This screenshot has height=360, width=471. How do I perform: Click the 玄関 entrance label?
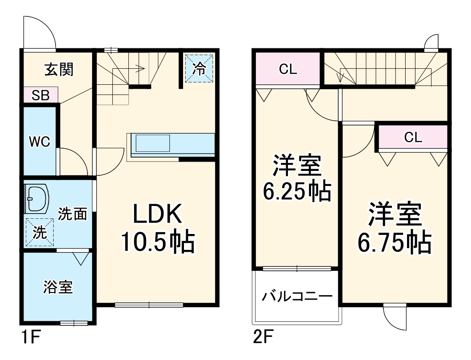(59, 70)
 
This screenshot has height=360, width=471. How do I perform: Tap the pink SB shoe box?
(40, 95)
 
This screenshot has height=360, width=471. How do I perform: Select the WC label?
(39, 142)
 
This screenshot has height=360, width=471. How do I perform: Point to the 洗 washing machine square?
(40, 233)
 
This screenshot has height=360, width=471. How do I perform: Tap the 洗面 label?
(72, 214)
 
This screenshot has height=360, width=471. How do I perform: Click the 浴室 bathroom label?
(58, 287)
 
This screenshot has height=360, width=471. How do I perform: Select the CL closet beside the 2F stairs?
(288, 69)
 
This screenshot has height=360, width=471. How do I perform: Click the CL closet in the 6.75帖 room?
(413, 138)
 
